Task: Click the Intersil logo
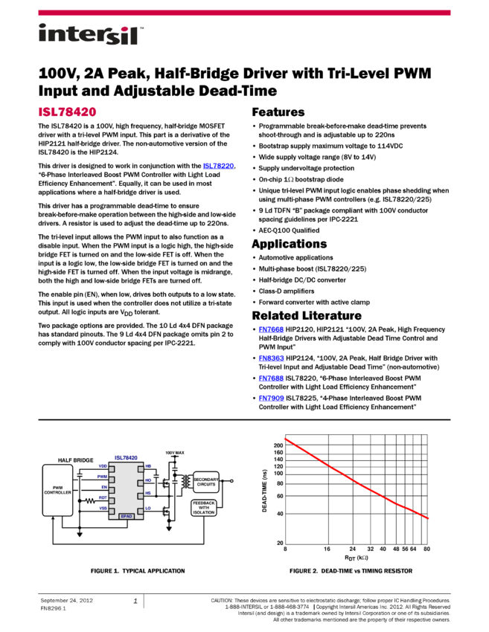tap(91, 35)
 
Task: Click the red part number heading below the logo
tap(67, 112)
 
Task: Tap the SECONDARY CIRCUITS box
tap(205, 482)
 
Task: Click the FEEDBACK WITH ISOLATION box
tap(203, 508)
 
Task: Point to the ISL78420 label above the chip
tap(126, 458)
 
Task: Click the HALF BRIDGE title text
tap(76, 460)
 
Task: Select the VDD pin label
tap(103, 466)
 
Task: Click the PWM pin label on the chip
tap(102, 477)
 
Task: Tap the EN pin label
tap(104, 487)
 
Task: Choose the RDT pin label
tap(103, 497)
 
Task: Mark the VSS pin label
tap(103, 508)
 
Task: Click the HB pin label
tap(148, 466)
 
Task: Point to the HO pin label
tap(148, 480)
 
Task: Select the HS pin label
tap(148, 494)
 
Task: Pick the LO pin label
tap(148, 508)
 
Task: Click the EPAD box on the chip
tap(126, 516)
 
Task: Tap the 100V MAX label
tap(175, 452)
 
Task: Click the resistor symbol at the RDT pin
tap(90, 501)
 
